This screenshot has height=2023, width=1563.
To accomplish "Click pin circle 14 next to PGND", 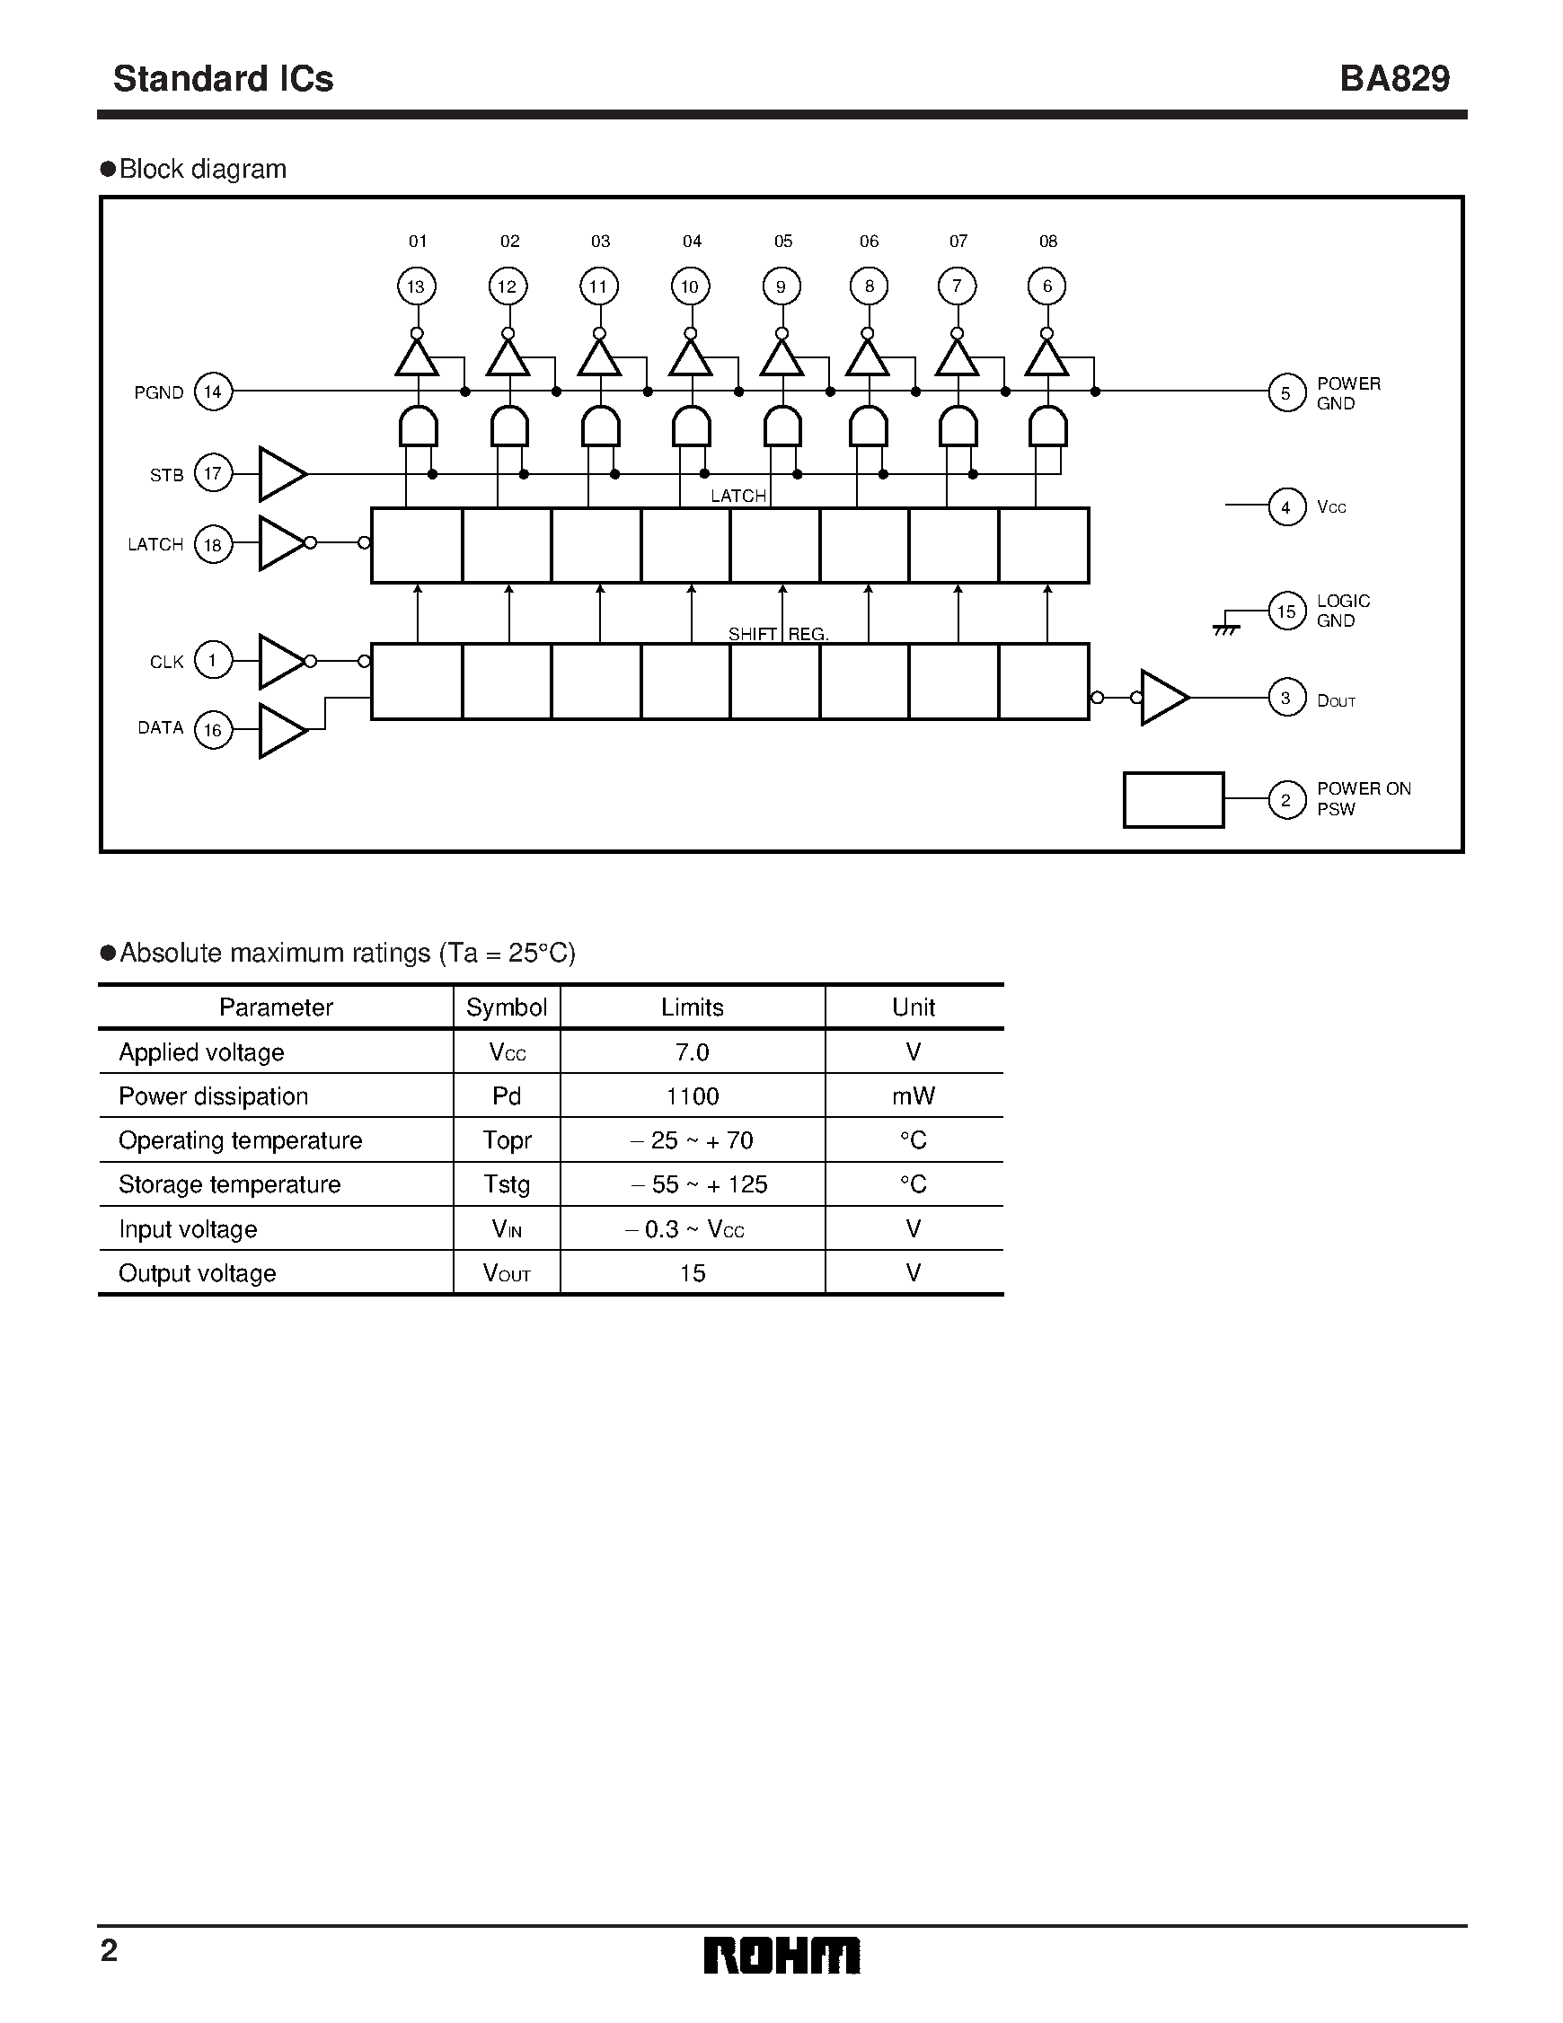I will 213,391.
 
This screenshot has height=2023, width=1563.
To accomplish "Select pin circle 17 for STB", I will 213,473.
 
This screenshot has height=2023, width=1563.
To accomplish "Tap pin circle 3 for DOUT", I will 1286,698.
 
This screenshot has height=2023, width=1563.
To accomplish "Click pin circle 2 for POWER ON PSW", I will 1286,799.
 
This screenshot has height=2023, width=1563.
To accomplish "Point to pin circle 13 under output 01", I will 416,286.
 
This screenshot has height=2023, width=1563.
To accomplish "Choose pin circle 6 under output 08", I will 1047,286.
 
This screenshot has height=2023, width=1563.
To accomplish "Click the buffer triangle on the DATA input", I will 282,730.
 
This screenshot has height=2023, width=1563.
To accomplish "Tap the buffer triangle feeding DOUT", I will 1162,698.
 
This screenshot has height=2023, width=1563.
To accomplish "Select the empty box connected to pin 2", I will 1173,799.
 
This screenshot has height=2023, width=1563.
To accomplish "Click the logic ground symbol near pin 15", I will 1226,626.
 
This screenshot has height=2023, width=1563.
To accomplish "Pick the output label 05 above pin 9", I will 783,241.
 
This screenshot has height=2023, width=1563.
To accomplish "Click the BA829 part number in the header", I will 1394,79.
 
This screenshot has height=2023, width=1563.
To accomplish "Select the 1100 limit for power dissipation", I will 692,1095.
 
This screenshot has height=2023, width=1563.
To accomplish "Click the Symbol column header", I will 506,1007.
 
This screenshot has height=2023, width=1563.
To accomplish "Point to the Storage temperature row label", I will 230,1183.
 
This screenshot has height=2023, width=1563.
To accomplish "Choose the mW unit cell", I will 914,1095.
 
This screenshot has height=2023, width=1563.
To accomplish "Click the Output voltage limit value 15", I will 692,1272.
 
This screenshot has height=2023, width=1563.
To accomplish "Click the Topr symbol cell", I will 507,1140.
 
